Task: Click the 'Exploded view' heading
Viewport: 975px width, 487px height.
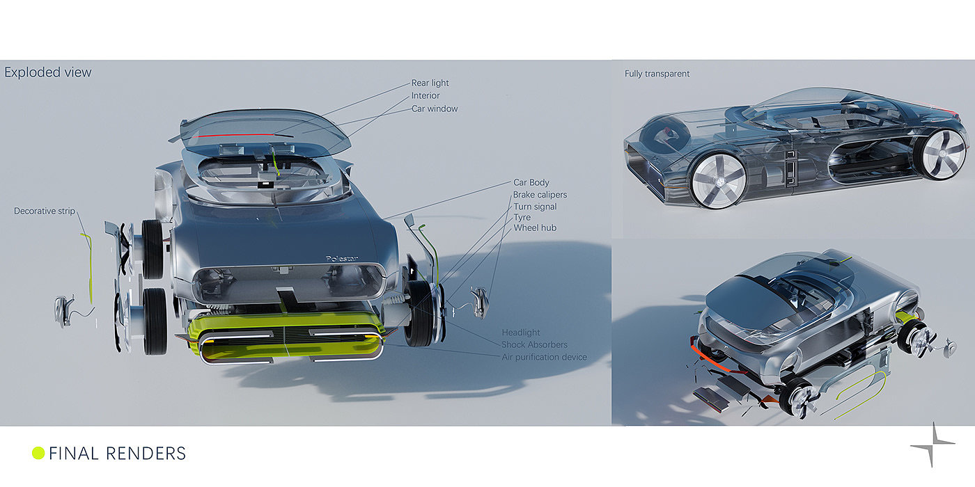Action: click(48, 72)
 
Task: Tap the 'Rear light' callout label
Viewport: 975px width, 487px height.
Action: click(430, 83)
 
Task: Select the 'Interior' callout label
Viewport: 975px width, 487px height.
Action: click(426, 96)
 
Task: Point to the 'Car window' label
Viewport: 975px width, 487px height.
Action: click(435, 109)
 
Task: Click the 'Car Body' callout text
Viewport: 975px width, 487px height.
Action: click(531, 183)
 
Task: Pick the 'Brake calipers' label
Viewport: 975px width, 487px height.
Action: click(540, 195)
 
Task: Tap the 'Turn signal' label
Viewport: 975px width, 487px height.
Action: click(535, 207)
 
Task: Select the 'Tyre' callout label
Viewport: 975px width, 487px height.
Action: click(522, 217)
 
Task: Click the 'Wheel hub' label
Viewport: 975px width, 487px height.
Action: click(535, 227)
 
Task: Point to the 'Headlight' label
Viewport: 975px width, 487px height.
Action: click(521, 333)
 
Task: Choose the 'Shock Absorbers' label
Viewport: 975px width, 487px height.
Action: click(534, 344)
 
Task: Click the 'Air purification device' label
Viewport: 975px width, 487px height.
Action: click(544, 357)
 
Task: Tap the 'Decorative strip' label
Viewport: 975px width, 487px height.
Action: click(45, 211)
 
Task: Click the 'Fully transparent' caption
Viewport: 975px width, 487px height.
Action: click(657, 74)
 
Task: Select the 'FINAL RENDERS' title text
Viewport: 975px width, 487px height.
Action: click(117, 454)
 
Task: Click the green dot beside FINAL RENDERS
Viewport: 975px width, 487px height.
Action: click(38, 454)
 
